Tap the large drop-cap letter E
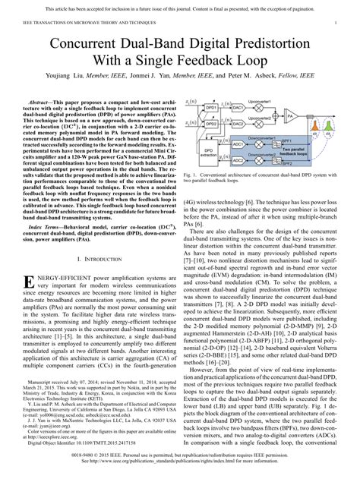click(x=31, y=265)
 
